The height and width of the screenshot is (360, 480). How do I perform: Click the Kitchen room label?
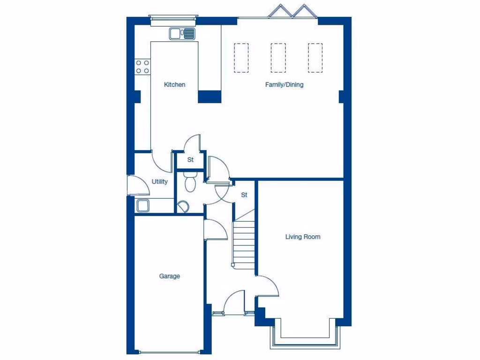pyautogui.click(x=174, y=85)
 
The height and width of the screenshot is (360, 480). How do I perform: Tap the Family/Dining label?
pyautogui.click(x=284, y=85)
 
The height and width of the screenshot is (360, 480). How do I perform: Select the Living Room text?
pyautogui.click(x=303, y=237)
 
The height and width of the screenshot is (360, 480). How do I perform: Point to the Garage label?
pyautogui.click(x=169, y=276)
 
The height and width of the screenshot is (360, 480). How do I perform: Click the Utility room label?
pyautogui.click(x=159, y=182)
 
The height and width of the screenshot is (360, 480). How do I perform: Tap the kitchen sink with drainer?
pyautogui.click(x=182, y=33)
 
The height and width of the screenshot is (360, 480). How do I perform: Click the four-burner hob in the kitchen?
pyautogui.click(x=142, y=67)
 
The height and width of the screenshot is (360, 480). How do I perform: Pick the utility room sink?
pyautogui.click(x=142, y=205)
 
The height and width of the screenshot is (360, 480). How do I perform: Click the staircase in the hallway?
pyautogui.click(x=244, y=244)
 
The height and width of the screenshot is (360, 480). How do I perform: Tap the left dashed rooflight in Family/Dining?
pyautogui.click(x=241, y=58)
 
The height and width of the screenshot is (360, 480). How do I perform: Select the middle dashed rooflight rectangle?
pyautogui.click(x=278, y=58)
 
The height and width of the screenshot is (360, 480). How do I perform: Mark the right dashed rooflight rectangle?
pyautogui.click(x=315, y=58)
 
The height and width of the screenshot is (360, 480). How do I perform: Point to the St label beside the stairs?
pyautogui.click(x=244, y=195)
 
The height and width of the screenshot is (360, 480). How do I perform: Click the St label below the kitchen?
pyautogui.click(x=190, y=160)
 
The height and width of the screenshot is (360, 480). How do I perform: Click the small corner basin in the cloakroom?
pyautogui.click(x=183, y=206)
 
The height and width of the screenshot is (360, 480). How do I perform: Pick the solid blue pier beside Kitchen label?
pyautogui.click(x=210, y=97)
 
